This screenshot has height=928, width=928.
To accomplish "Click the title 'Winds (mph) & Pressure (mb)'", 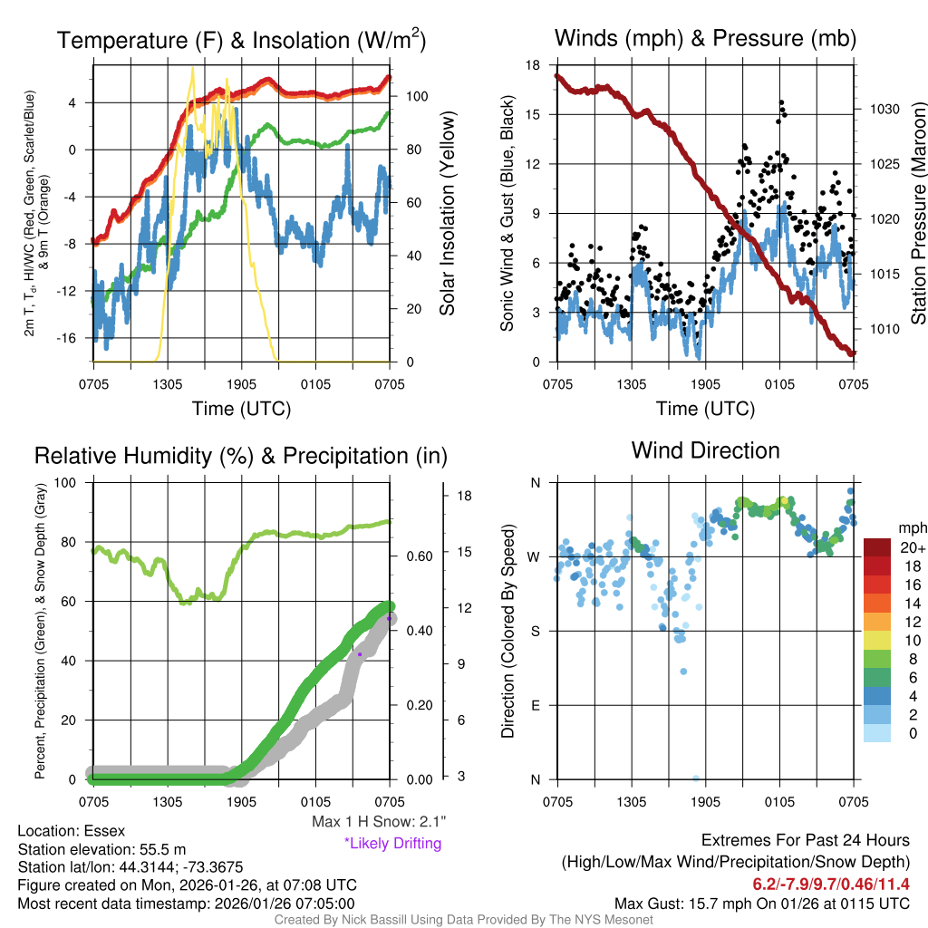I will pyautogui.click(x=705, y=39).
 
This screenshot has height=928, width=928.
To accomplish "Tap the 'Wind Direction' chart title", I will pyautogui.click(x=705, y=450).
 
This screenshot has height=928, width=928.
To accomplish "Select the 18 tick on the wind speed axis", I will pyautogui.click(x=533, y=65).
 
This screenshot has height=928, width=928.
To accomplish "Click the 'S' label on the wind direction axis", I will pyautogui.click(x=536, y=631).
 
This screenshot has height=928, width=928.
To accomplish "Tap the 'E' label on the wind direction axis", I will pyautogui.click(x=536, y=705).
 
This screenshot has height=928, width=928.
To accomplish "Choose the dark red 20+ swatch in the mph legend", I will pyautogui.click(x=877, y=548).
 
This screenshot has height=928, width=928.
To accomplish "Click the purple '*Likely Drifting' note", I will pyautogui.click(x=392, y=843).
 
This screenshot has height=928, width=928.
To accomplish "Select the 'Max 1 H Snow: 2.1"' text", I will pyautogui.click(x=378, y=822).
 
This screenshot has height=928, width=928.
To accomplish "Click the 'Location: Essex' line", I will pyautogui.click(x=72, y=830).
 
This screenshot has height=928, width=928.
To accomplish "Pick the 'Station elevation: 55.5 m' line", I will pyautogui.click(x=101, y=849).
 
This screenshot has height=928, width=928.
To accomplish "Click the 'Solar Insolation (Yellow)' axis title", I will pyautogui.click(x=448, y=214).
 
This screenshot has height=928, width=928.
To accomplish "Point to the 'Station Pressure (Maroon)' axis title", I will pyautogui.click(x=917, y=214).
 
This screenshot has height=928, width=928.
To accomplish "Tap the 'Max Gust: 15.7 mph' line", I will pyautogui.click(x=761, y=903).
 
